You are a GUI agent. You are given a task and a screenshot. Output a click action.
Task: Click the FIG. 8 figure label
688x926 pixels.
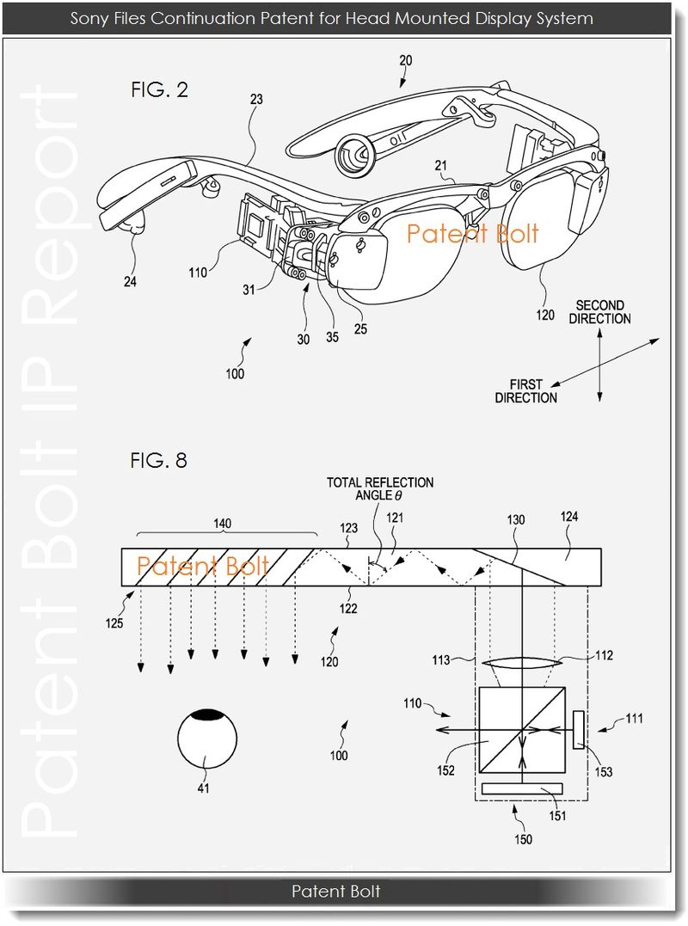[x=158, y=460]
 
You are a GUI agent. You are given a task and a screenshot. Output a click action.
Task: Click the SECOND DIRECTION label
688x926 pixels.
[x=599, y=312]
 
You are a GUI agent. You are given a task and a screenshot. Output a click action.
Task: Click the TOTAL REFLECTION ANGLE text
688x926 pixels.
[x=379, y=489]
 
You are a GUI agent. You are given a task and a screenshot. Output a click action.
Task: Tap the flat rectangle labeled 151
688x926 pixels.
[x=523, y=788]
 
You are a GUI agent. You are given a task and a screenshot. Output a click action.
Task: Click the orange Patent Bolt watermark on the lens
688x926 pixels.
[x=472, y=233]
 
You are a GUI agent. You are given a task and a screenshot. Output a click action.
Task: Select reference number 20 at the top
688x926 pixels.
[x=406, y=61]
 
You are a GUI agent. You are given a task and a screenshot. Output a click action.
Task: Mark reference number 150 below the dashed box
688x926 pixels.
[x=523, y=838]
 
